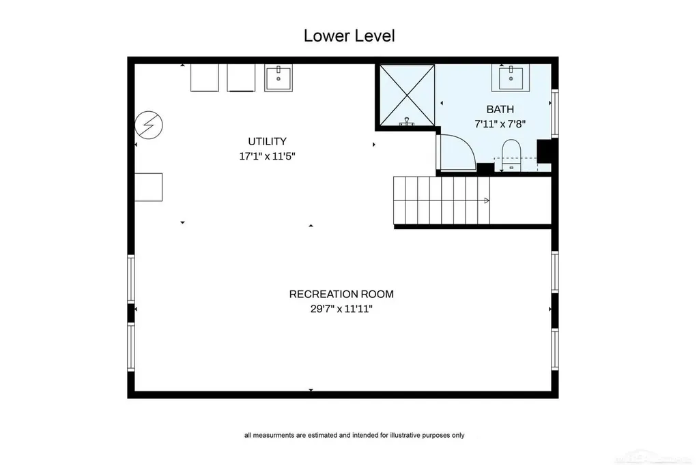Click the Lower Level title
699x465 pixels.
349,35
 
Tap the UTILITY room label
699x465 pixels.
267,141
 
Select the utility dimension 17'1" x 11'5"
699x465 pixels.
267,156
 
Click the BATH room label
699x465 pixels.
500,109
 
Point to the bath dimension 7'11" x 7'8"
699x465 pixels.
500,124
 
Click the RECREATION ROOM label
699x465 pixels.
341,294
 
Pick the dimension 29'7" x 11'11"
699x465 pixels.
341,309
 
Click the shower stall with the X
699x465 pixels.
407,95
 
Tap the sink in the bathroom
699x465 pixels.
511,78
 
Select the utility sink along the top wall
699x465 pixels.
279,78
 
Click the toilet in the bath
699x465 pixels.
511,155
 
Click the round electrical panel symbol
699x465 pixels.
148,125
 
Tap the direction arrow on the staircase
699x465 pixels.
486,201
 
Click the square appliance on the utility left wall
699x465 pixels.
148,187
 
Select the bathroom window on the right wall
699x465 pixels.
555,113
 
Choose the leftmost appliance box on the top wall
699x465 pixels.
205,78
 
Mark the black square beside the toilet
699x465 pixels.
544,151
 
